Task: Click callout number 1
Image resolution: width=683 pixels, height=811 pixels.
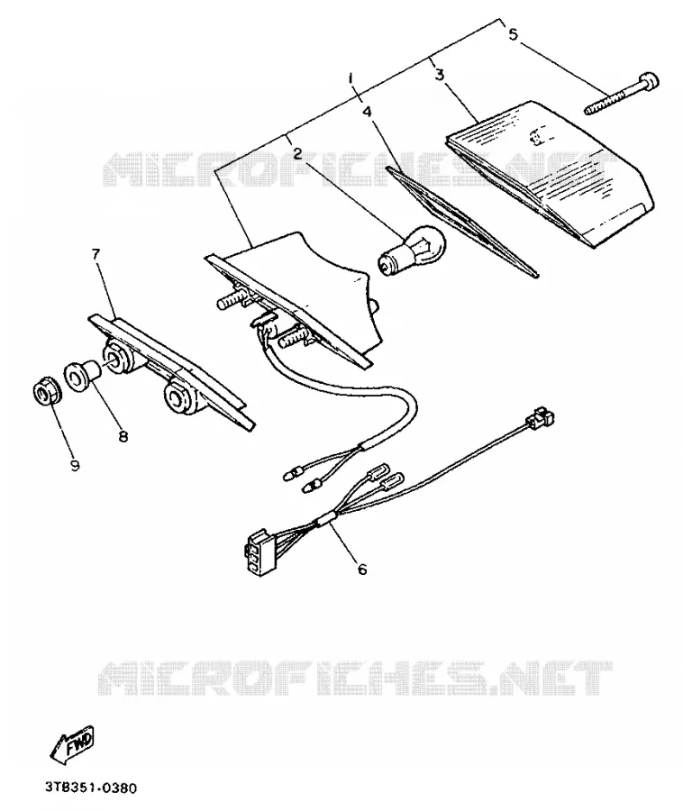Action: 351,78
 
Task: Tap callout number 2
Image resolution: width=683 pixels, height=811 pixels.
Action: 297,153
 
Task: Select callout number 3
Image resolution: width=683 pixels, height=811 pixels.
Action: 440,75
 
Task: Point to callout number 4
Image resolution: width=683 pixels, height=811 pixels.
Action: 367,112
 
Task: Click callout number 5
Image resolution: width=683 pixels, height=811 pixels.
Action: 513,34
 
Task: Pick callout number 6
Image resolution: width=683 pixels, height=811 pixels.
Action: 362,569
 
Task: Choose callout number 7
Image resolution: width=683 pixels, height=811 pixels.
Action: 96,254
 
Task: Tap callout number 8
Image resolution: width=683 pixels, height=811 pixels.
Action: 123,437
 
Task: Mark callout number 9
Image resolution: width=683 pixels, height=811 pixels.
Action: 75,466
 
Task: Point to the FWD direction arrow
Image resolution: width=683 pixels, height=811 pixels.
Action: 72,743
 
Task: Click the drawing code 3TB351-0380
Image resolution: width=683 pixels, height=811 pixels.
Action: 90,788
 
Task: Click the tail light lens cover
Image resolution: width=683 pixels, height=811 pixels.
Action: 551,173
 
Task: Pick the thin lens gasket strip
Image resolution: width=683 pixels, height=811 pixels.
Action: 463,222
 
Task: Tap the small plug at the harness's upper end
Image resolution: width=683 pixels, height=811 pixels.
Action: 540,415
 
